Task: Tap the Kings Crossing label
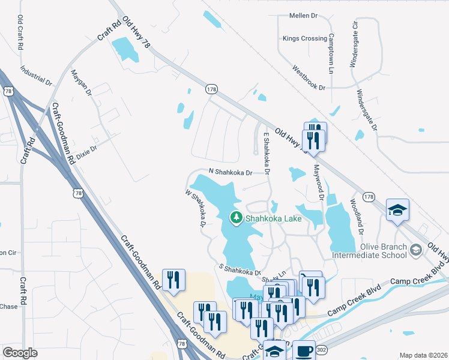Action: point(305,39)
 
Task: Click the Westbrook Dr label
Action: point(309,79)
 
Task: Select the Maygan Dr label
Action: point(81,83)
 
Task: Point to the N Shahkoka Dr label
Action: point(229,171)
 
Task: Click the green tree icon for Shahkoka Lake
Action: point(237,218)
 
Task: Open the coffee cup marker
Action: point(304,350)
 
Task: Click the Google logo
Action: point(20,352)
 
